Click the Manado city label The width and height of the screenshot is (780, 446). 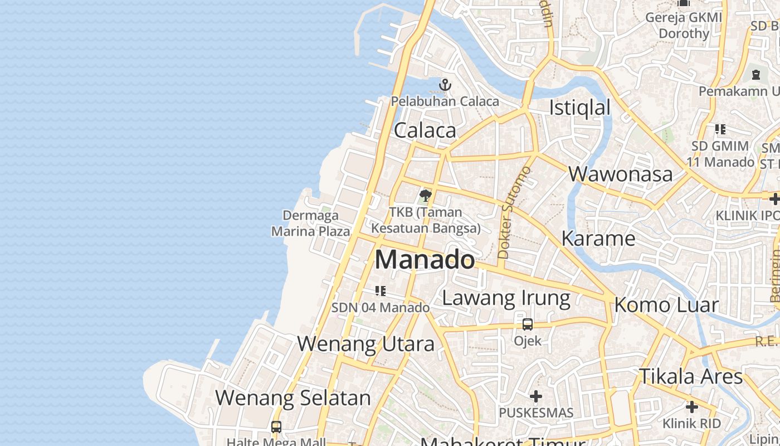point(425,260)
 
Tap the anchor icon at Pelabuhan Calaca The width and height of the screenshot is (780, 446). point(445,85)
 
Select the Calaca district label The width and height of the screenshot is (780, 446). point(425,130)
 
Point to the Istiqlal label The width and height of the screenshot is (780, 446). point(580,108)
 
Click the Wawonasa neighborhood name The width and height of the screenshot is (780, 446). point(621,174)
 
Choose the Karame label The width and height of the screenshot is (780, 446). point(598,239)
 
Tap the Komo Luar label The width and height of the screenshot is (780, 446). point(666,305)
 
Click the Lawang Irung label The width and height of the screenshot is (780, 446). point(506,298)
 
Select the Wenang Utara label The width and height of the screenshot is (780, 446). point(365,344)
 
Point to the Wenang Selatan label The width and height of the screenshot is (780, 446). point(293,398)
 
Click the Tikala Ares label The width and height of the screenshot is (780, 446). point(691,376)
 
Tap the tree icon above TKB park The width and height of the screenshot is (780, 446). point(426,196)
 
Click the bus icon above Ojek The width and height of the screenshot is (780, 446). point(527,324)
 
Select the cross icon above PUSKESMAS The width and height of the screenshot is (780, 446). point(536,396)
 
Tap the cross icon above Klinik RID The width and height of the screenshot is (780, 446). point(691,407)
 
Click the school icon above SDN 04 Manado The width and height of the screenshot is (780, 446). point(381,290)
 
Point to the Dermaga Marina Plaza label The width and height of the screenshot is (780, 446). point(310,223)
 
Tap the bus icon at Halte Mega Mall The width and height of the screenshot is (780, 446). point(276,427)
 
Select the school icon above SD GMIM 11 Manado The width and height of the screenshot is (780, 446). point(720,129)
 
